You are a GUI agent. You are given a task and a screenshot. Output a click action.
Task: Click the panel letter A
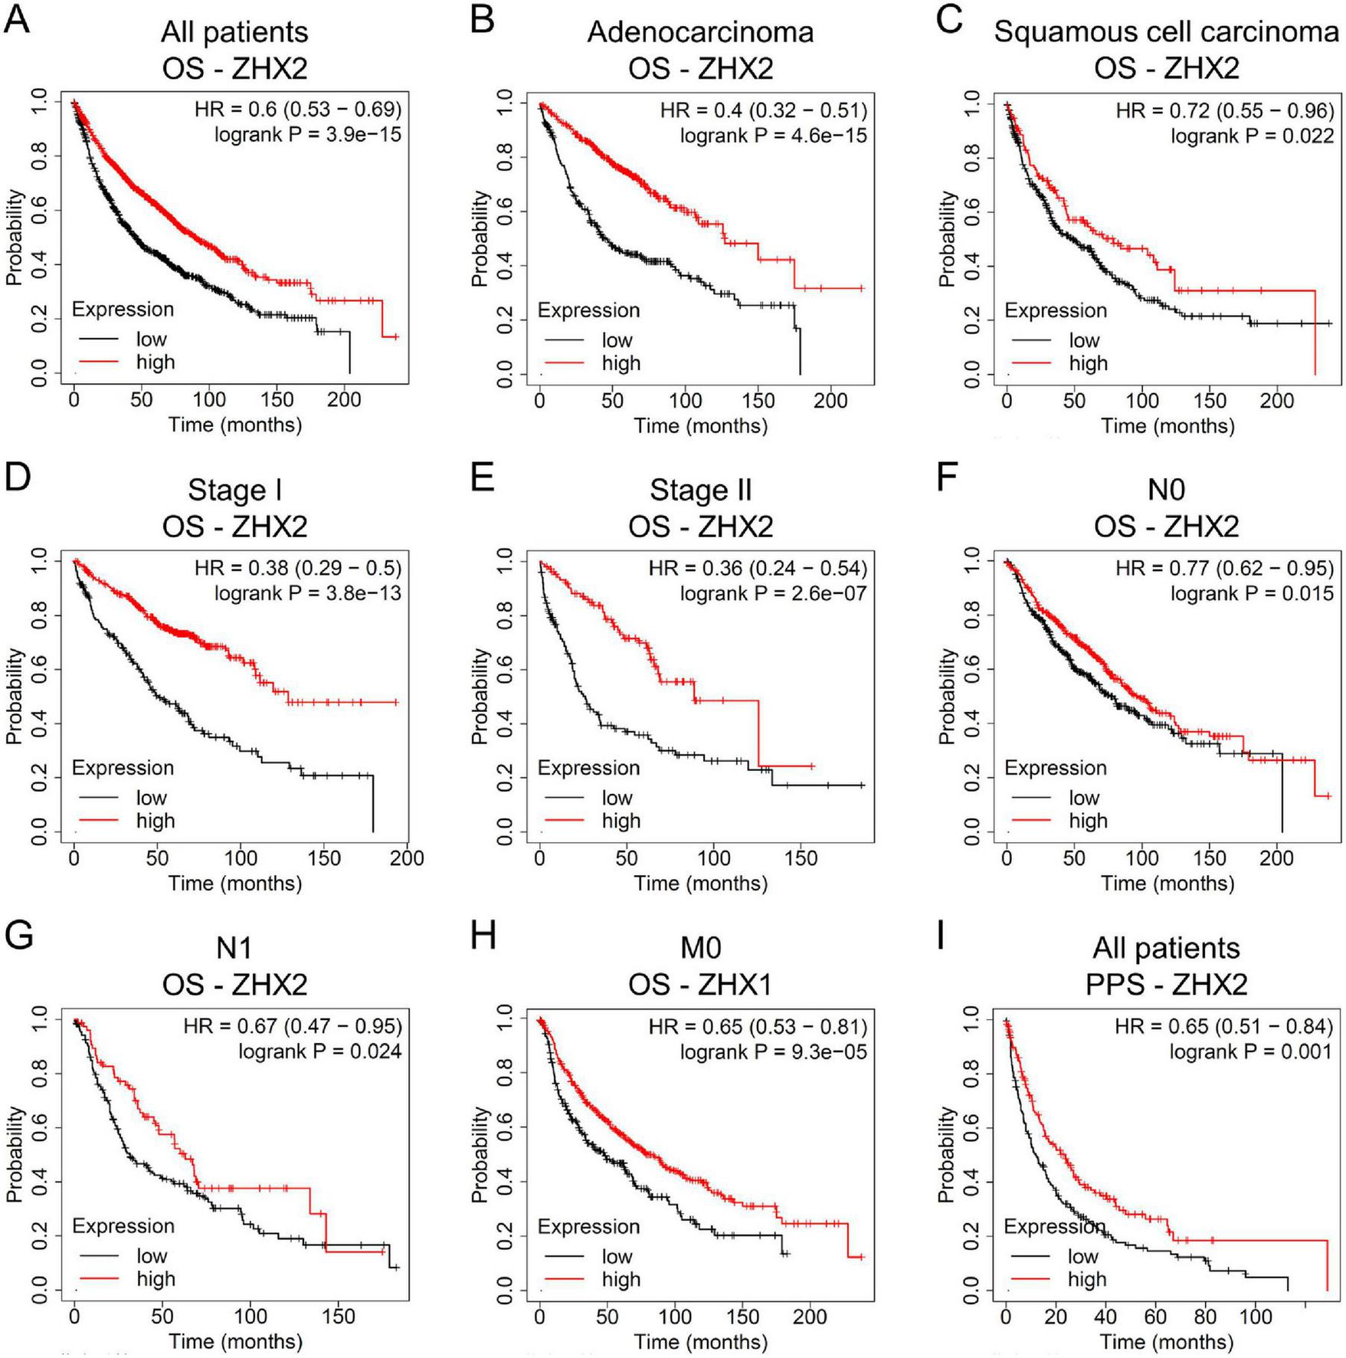click(17, 19)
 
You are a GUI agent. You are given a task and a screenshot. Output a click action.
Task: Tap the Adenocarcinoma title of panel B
click(700, 32)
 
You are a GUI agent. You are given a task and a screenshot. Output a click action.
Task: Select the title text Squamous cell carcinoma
click(1166, 32)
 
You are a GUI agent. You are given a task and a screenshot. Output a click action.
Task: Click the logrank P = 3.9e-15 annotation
click(307, 135)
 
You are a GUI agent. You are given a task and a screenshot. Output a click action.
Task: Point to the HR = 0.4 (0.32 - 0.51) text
click(763, 110)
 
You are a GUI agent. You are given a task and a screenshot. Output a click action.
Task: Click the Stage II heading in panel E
click(700, 490)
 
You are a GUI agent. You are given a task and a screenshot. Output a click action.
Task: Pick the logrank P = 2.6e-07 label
click(773, 593)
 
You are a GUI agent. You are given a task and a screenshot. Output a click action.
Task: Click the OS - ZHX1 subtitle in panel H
click(700, 984)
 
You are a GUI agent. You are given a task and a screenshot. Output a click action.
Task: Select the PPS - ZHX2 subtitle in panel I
click(1166, 984)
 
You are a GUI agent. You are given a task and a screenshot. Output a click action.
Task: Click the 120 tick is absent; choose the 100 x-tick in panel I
click(1255, 1317)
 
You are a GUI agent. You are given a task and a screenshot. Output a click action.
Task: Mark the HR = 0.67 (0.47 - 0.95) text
click(292, 1025)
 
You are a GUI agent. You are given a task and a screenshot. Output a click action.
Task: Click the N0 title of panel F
click(1166, 490)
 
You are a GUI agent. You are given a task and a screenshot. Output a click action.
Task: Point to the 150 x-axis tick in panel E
click(801, 858)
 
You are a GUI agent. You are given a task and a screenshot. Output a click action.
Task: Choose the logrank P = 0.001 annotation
click(1250, 1051)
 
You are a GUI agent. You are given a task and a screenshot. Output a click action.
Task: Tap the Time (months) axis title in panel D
click(234, 884)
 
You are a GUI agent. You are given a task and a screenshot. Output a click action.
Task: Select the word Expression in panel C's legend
click(1055, 310)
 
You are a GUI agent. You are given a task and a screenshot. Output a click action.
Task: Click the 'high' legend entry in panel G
click(156, 1278)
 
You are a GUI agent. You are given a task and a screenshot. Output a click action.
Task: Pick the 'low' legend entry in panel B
click(617, 340)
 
